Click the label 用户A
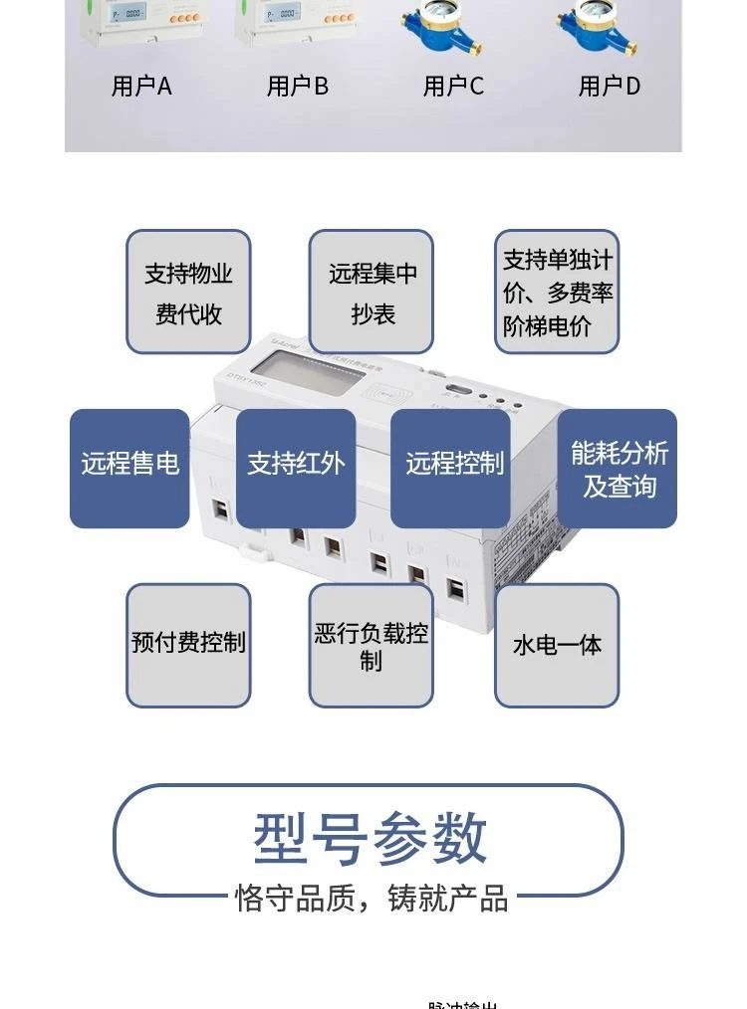[x=141, y=87]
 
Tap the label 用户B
[x=297, y=87]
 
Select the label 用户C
[x=453, y=87]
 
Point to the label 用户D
[x=609, y=87]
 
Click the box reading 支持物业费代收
[x=188, y=292]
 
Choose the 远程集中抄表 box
[x=372, y=292]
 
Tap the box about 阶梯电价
[x=557, y=292]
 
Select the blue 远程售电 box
[x=129, y=468]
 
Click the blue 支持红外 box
[x=296, y=468]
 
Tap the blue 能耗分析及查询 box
[x=618, y=468]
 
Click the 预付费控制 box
[x=188, y=645]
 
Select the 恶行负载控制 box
[x=372, y=645]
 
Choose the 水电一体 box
[x=557, y=645]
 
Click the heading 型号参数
[x=370, y=838]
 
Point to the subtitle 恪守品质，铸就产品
[x=372, y=898]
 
